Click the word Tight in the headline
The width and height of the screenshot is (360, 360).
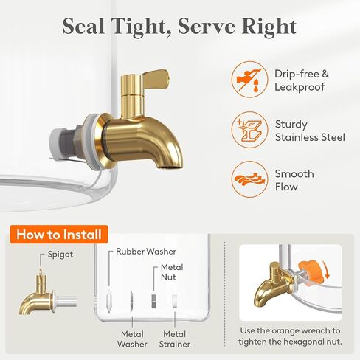pyautogui.click(x=139, y=27)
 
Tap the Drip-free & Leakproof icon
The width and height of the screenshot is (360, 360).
pyautogui.click(x=249, y=80)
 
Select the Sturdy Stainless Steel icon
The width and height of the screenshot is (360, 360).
pyautogui.click(x=249, y=130)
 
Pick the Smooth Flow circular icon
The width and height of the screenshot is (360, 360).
pyautogui.click(x=249, y=179)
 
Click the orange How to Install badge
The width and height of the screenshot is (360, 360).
pyautogui.click(x=59, y=235)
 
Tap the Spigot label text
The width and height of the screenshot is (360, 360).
pyautogui.click(x=60, y=254)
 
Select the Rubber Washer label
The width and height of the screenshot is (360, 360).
pyautogui.click(x=146, y=252)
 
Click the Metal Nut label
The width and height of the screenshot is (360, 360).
pyautogui.click(x=172, y=272)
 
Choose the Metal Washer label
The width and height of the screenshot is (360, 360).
pyautogui.click(x=132, y=339)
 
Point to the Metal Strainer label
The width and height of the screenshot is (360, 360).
pyautogui.click(x=175, y=339)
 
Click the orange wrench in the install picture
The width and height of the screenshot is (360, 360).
pyautogui.click(x=311, y=271)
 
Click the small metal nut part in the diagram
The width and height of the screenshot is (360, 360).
pyautogui.click(x=153, y=301)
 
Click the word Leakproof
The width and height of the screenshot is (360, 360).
pyautogui.click(x=300, y=87)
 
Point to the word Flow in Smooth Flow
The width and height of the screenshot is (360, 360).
pyautogui.click(x=286, y=187)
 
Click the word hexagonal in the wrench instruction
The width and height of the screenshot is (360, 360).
pyautogui.click(x=298, y=342)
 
